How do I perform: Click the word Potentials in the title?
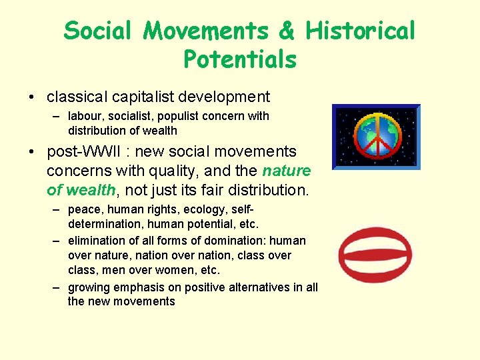click(x=239, y=59)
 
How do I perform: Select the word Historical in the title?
click(x=361, y=30)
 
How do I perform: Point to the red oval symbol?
click(x=375, y=255)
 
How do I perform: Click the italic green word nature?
click(x=287, y=171)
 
